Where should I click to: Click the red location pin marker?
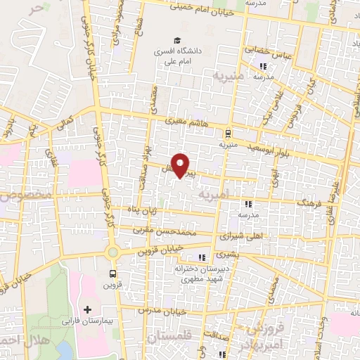pos(181,165)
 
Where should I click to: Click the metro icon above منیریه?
pos(227,133)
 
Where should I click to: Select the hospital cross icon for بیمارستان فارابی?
pos(88,309)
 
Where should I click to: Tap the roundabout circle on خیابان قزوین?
pos(112,251)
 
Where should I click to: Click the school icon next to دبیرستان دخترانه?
pos(203,257)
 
